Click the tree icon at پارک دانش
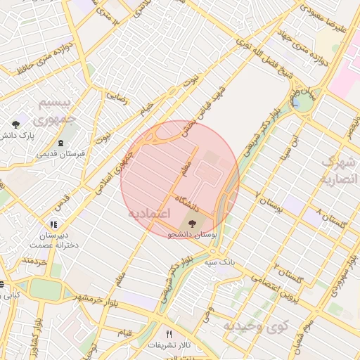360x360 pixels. click(15, 124)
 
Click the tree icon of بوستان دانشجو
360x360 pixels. click(191, 224)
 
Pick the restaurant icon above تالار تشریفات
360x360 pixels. click(168, 334)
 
